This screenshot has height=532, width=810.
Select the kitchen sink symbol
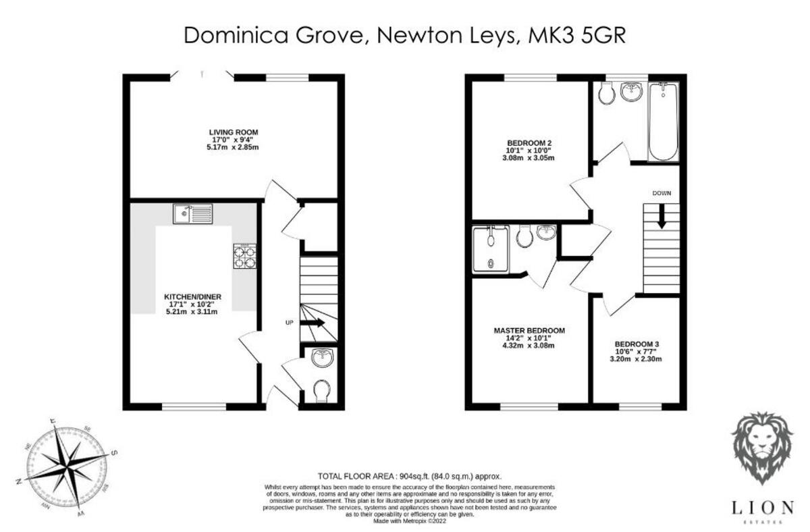(192, 214)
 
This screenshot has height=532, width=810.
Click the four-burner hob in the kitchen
(244, 257)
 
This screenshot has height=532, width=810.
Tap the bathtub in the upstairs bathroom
(662, 121)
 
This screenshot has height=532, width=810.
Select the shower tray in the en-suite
(490, 249)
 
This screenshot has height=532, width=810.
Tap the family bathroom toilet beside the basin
(605, 93)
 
